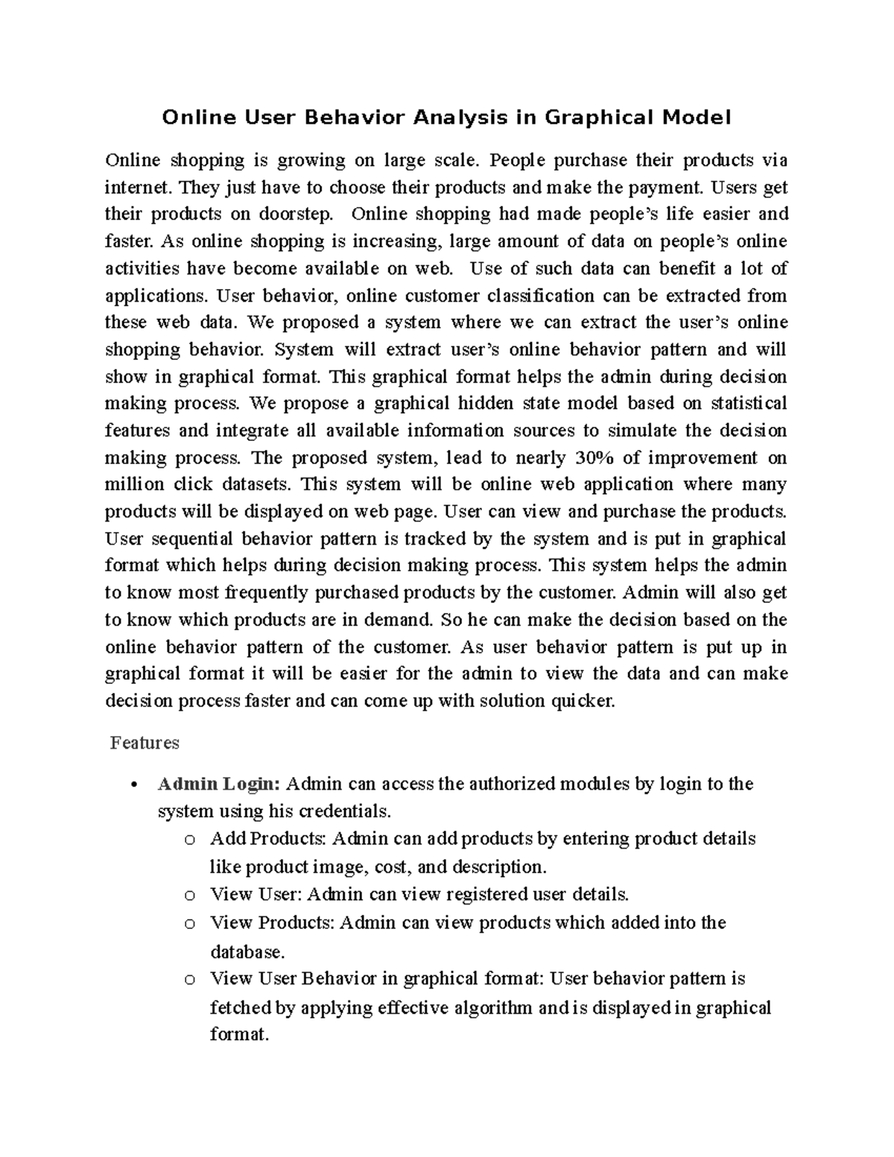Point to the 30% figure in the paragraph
point(592,457)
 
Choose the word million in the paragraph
point(134,485)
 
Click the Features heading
point(145,743)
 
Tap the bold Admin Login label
point(218,784)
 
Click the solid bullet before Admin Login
point(133,785)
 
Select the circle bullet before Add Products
point(189,840)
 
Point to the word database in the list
point(247,952)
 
